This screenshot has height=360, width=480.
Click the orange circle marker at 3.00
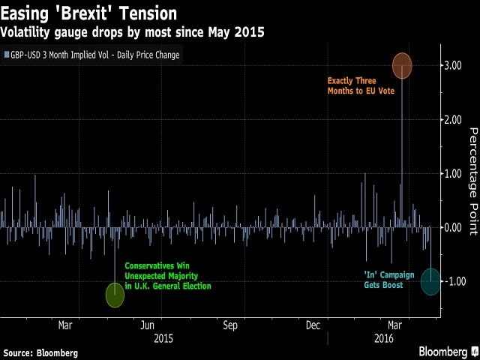[401, 65]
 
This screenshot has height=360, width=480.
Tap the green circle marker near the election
[114, 295]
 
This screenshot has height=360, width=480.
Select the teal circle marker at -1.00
[430, 281]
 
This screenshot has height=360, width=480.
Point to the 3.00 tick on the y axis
[451, 65]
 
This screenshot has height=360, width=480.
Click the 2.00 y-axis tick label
[451, 119]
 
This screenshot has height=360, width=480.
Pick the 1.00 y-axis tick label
[451, 173]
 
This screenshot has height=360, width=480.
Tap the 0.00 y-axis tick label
[451, 227]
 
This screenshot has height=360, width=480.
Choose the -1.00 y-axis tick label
[450, 281]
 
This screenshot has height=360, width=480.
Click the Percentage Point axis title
[473, 181]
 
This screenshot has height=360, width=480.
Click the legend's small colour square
[6, 55]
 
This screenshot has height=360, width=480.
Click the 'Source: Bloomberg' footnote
[40, 352]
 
